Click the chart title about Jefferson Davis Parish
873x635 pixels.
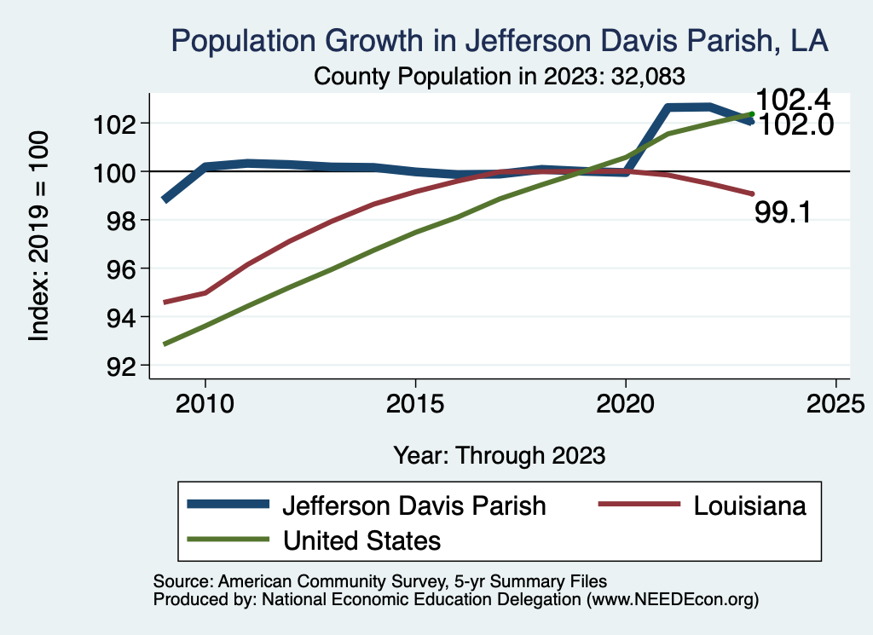pos(500,40)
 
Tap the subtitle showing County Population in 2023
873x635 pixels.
pos(500,76)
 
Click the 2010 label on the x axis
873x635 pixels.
pos(205,403)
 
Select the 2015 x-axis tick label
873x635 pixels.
pos(415,403)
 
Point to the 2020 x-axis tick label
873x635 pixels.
pos(625,403)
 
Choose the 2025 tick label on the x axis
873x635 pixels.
pos(835,403)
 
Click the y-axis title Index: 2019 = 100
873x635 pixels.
pos(39,237)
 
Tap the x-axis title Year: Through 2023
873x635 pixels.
pos(500,454)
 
